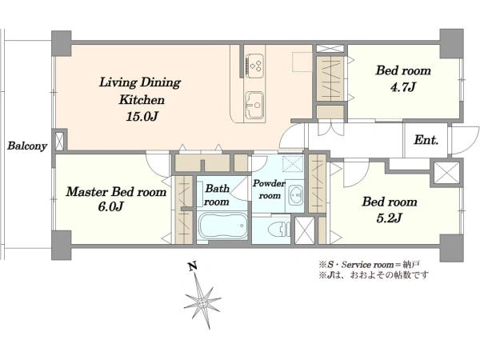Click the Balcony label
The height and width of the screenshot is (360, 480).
pos(27,146)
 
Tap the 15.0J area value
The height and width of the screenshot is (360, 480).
pos(142,116)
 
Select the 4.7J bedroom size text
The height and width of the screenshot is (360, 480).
pos(403,87)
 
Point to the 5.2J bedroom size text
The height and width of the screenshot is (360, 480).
pos(389,218)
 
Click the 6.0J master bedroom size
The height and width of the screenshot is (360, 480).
pos(110,207)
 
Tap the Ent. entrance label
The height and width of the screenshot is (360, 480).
pos(426,140)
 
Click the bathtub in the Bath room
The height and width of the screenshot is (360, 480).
pos(223,226)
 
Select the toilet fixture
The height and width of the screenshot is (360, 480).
pos(279,229)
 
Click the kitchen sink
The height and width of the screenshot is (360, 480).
pos(254,105)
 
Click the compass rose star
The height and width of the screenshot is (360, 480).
pos(202,302)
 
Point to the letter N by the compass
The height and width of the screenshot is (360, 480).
pos(192,266)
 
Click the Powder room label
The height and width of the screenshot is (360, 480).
pos(269,190)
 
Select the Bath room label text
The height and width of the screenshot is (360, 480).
pos(217,194)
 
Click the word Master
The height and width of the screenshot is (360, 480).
pos(87,192)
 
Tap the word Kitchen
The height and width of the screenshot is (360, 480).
pos(142,99)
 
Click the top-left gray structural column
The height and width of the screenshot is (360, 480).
pos(62,43)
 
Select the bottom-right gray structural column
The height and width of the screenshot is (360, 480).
pos(451,248)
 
